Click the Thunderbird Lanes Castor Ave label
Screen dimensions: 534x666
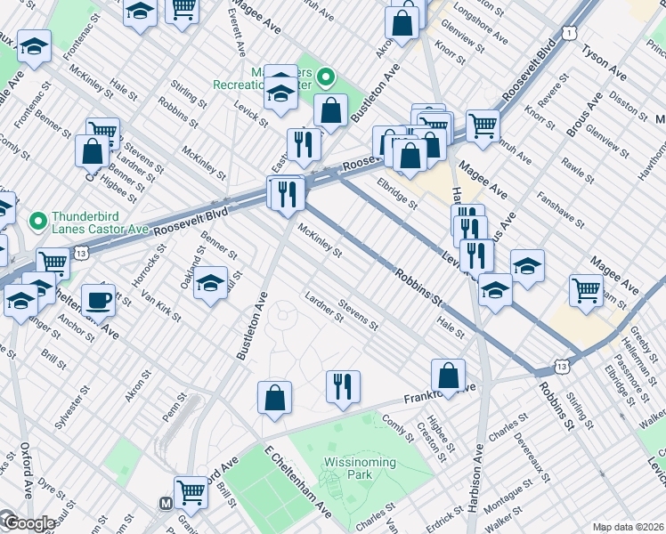pyautogui.click(x=95, y=222)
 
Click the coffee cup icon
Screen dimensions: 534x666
pyautogui.click(x=98, y=300)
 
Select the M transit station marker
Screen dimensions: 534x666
pyautogui.click(x=165, y=504)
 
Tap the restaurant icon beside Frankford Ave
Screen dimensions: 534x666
pyautogui.click(x=343, y=386)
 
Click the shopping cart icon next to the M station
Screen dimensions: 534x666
pyautogui.click(x=191, y=490)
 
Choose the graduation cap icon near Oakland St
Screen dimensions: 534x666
pyautogui.click(x=210, y=284)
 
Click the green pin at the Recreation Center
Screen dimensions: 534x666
pyautogui.click(x=326, y=77)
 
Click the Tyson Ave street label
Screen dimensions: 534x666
pyautogui.click(x=605, y=61)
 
